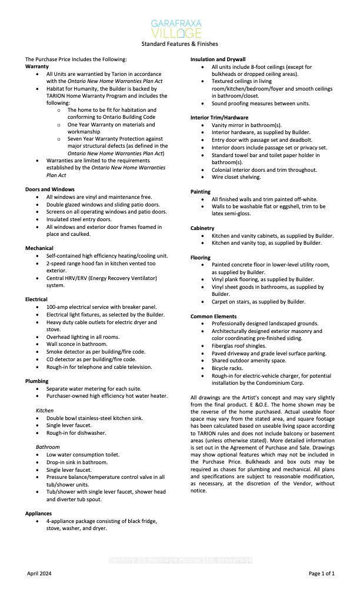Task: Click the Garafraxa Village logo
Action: pyautogui.click(x=179, y=28)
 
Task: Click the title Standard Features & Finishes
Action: pyautogui.click(x=179, y=44)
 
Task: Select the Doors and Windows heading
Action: pyautogui.click(x=50, y=189)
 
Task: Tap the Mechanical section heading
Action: pyautogui.click(x=39, y=248)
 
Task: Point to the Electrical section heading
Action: pyautogui.click(x=36, y=299)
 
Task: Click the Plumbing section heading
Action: pyautogui.click(x=37, y=381)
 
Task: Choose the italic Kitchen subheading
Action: pyautogui.click(x=45, y=410)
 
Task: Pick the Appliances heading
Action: pyautogui.click(x=39, y=514)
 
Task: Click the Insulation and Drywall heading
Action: pyautogui.click(x=218, y=59)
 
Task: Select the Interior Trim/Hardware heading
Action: pyautogui.click(x=219, y=118)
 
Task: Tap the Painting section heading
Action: pyautogui.click(x=201, y=192)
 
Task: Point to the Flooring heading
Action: pyautogui.click(x=201, y=258)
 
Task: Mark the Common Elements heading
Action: pyautogui.click(x=214, y=317)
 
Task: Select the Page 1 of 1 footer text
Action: pyautogui.click(x=321, y=573)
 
